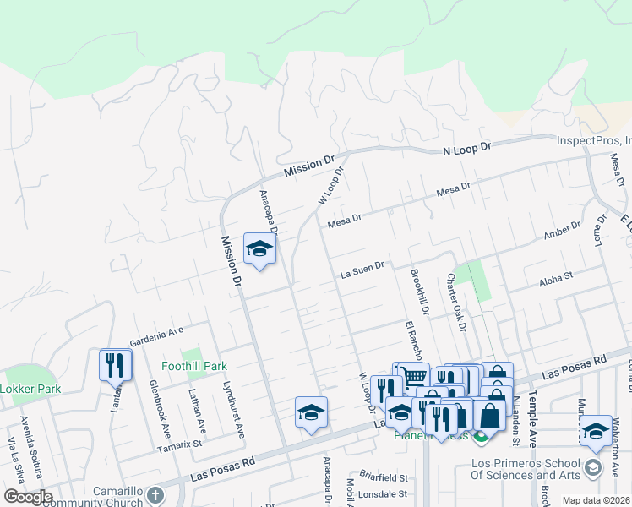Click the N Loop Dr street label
(467, 149)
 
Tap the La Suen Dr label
(362, 271)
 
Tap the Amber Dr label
(563, 231)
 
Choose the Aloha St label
(557, 275)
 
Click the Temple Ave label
(533, 417)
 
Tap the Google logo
(27, 497)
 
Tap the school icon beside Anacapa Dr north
(259, 248)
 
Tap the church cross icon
(154, 495)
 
